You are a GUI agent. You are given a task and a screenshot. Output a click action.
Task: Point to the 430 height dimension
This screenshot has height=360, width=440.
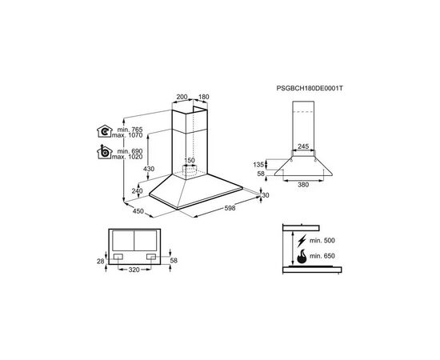point(147,168)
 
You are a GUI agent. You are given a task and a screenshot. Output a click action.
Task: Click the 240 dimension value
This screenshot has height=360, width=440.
point(136,190)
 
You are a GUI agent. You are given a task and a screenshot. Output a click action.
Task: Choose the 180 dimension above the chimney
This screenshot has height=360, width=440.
point(202,98)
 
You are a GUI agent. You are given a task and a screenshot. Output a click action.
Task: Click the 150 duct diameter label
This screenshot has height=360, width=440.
point(190,161)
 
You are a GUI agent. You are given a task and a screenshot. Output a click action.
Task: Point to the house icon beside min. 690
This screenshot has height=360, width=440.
point(104,153)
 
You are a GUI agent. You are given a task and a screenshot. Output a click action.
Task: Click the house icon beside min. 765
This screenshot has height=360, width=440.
point(104,132)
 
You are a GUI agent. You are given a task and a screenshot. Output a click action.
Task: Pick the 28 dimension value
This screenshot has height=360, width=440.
point(100,262)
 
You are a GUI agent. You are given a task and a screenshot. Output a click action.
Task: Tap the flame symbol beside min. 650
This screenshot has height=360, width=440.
point(302,258)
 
